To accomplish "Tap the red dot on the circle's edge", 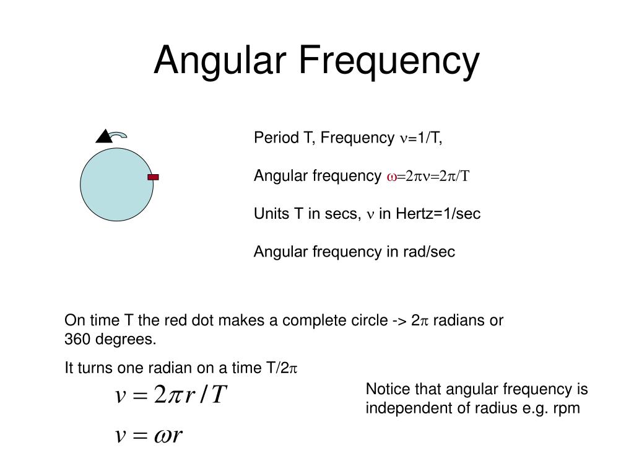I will [153, 177].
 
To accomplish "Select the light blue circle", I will [116, 184].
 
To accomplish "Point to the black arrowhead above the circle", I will [104, 136].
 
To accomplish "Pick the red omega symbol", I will [391, 177].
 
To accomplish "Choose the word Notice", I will [386, 389].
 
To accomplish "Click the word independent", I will [405, 409].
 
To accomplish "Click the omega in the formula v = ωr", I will [159, 436].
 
